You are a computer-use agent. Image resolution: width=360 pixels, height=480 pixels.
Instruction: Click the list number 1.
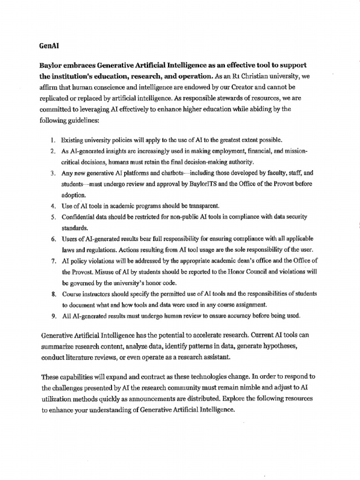(x=53, y=140)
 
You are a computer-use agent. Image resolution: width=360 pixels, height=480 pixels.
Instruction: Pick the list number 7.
(x=53, y=261)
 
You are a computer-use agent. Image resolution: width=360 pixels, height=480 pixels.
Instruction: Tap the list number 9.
(x=53, y=316)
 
